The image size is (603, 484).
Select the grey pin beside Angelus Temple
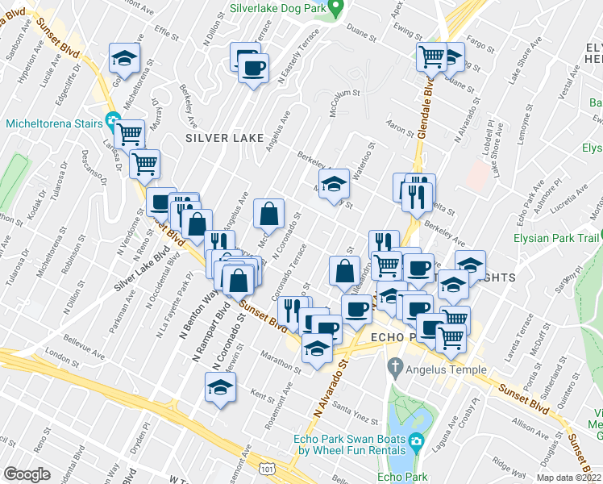[x=395, y=369]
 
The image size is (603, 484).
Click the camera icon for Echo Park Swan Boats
[x=415, y=440]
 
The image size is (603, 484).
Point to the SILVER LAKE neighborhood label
[x=225, y=138]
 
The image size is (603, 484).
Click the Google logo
[x=27, y=474]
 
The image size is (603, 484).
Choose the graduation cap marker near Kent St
[x=220, y=390]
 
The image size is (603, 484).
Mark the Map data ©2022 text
[x=568, y=478]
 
